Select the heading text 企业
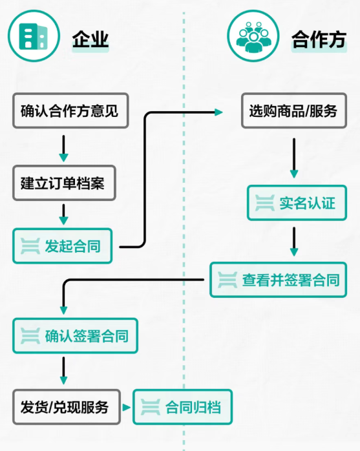click(x=90, y=40)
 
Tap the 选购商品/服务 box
click(x=293, y=111)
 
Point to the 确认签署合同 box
click(x=75, y=336)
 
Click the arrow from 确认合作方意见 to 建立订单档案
click(x=63, y=148)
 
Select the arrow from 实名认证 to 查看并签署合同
click(x=294, y=241)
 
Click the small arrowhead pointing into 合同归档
click(x=128, y=408)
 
